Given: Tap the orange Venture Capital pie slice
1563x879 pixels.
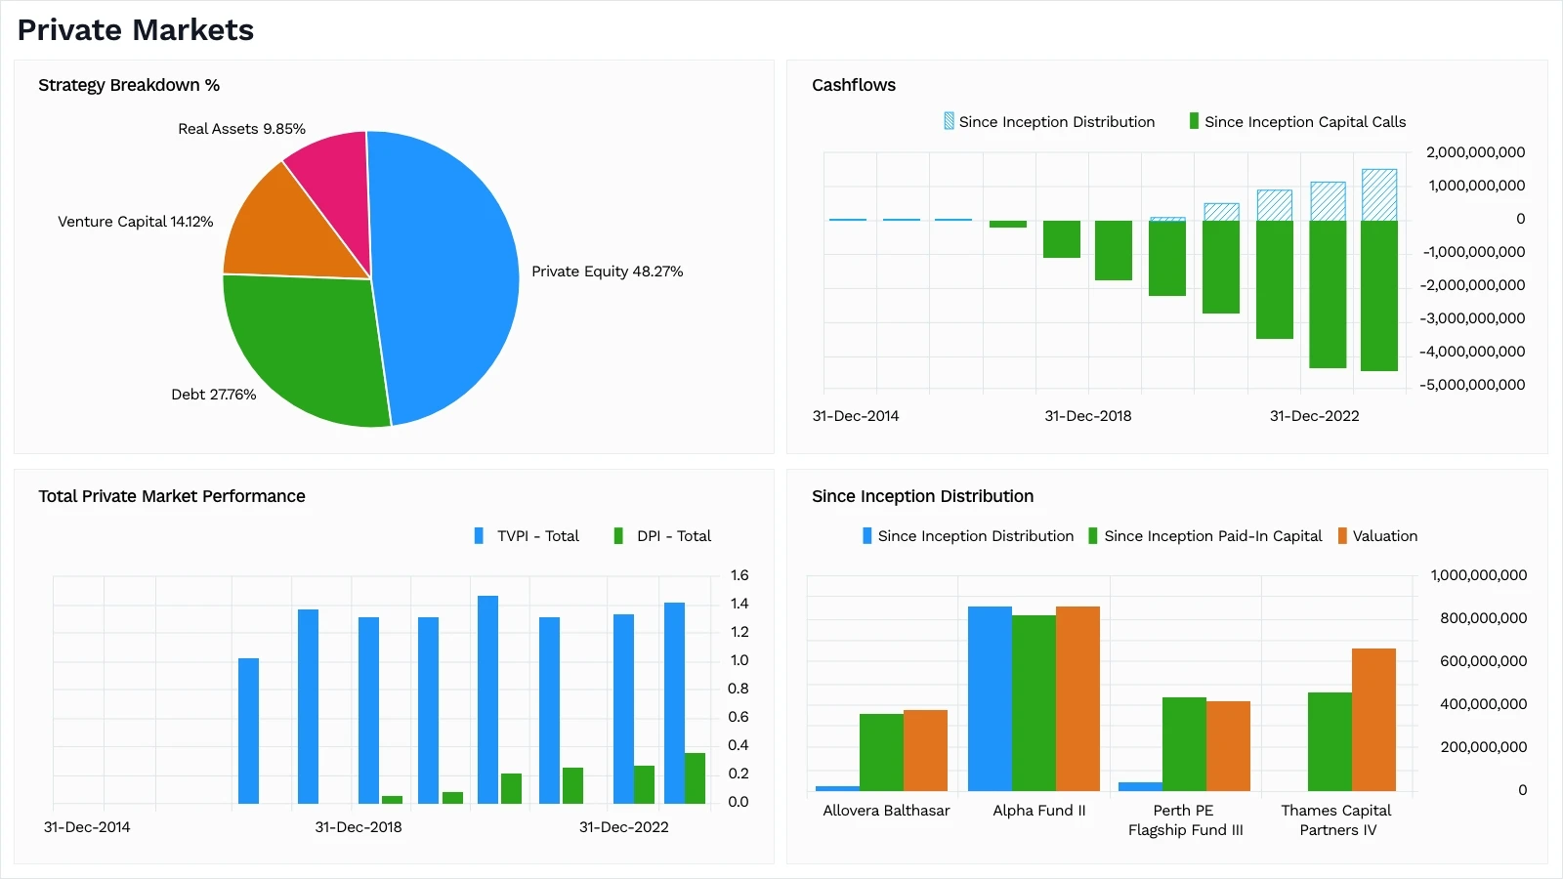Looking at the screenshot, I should click(283, 230).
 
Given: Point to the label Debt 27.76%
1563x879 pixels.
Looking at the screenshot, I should click(213, 395).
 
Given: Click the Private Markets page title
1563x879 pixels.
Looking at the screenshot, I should click(136, 30).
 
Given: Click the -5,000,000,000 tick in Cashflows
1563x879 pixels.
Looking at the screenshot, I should click(1471, 385).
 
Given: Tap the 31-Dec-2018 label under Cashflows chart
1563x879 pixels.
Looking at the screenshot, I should click(1087, 416).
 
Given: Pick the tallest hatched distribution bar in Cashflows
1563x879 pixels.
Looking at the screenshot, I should click(1378, 194).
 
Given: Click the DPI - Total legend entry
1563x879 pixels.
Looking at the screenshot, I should click(662, 536).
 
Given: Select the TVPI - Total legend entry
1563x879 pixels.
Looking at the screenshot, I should click(527, 536).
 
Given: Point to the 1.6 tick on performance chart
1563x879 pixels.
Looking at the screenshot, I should click(739, 575).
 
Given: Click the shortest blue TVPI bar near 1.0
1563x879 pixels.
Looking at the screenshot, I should click(248, 731).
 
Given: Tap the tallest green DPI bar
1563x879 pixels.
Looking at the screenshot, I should click(695, 778).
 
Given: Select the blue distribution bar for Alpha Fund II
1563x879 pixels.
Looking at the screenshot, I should click(990, 698).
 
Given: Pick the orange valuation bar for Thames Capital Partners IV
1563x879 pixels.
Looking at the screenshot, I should click(1373, 720).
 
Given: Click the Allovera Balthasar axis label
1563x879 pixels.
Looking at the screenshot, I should click(886, 811).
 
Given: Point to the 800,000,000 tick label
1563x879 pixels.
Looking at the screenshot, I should click(1483, 618).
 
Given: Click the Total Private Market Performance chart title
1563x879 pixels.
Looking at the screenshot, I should click(172, 496).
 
